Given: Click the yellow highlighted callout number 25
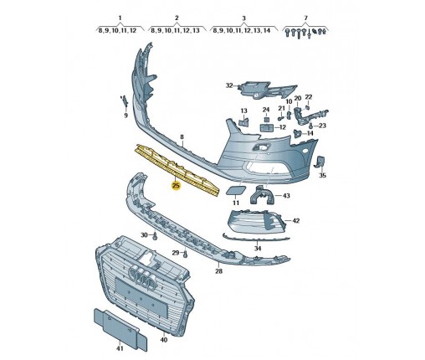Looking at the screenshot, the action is [x=177, y=186].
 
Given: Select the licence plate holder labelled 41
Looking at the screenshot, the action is [x=120, y=329].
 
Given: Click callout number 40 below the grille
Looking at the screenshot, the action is [x=164, y=340].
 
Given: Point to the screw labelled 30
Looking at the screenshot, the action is [x=156, y=236].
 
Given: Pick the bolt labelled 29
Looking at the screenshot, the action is [x=186, y=254].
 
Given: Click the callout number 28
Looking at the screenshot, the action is [x=219, y=271].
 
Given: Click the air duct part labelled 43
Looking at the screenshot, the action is [x=262, y=194].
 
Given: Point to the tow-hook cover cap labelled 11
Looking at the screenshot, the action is [x=236, y=191].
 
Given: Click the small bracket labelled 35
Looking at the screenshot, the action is [x=320, y=162].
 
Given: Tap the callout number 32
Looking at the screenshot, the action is [x=229, y=85].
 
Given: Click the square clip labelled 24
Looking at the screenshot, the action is [x=266, y=120].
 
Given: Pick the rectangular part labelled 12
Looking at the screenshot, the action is [x=267, y=128].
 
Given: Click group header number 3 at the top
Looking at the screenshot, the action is [x=243, y=18].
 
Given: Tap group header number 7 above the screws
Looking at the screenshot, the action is [x=305, y=18].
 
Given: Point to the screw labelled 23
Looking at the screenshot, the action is [x=311, y=126].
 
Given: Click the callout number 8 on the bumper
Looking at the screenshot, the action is [x=182, y=137].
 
